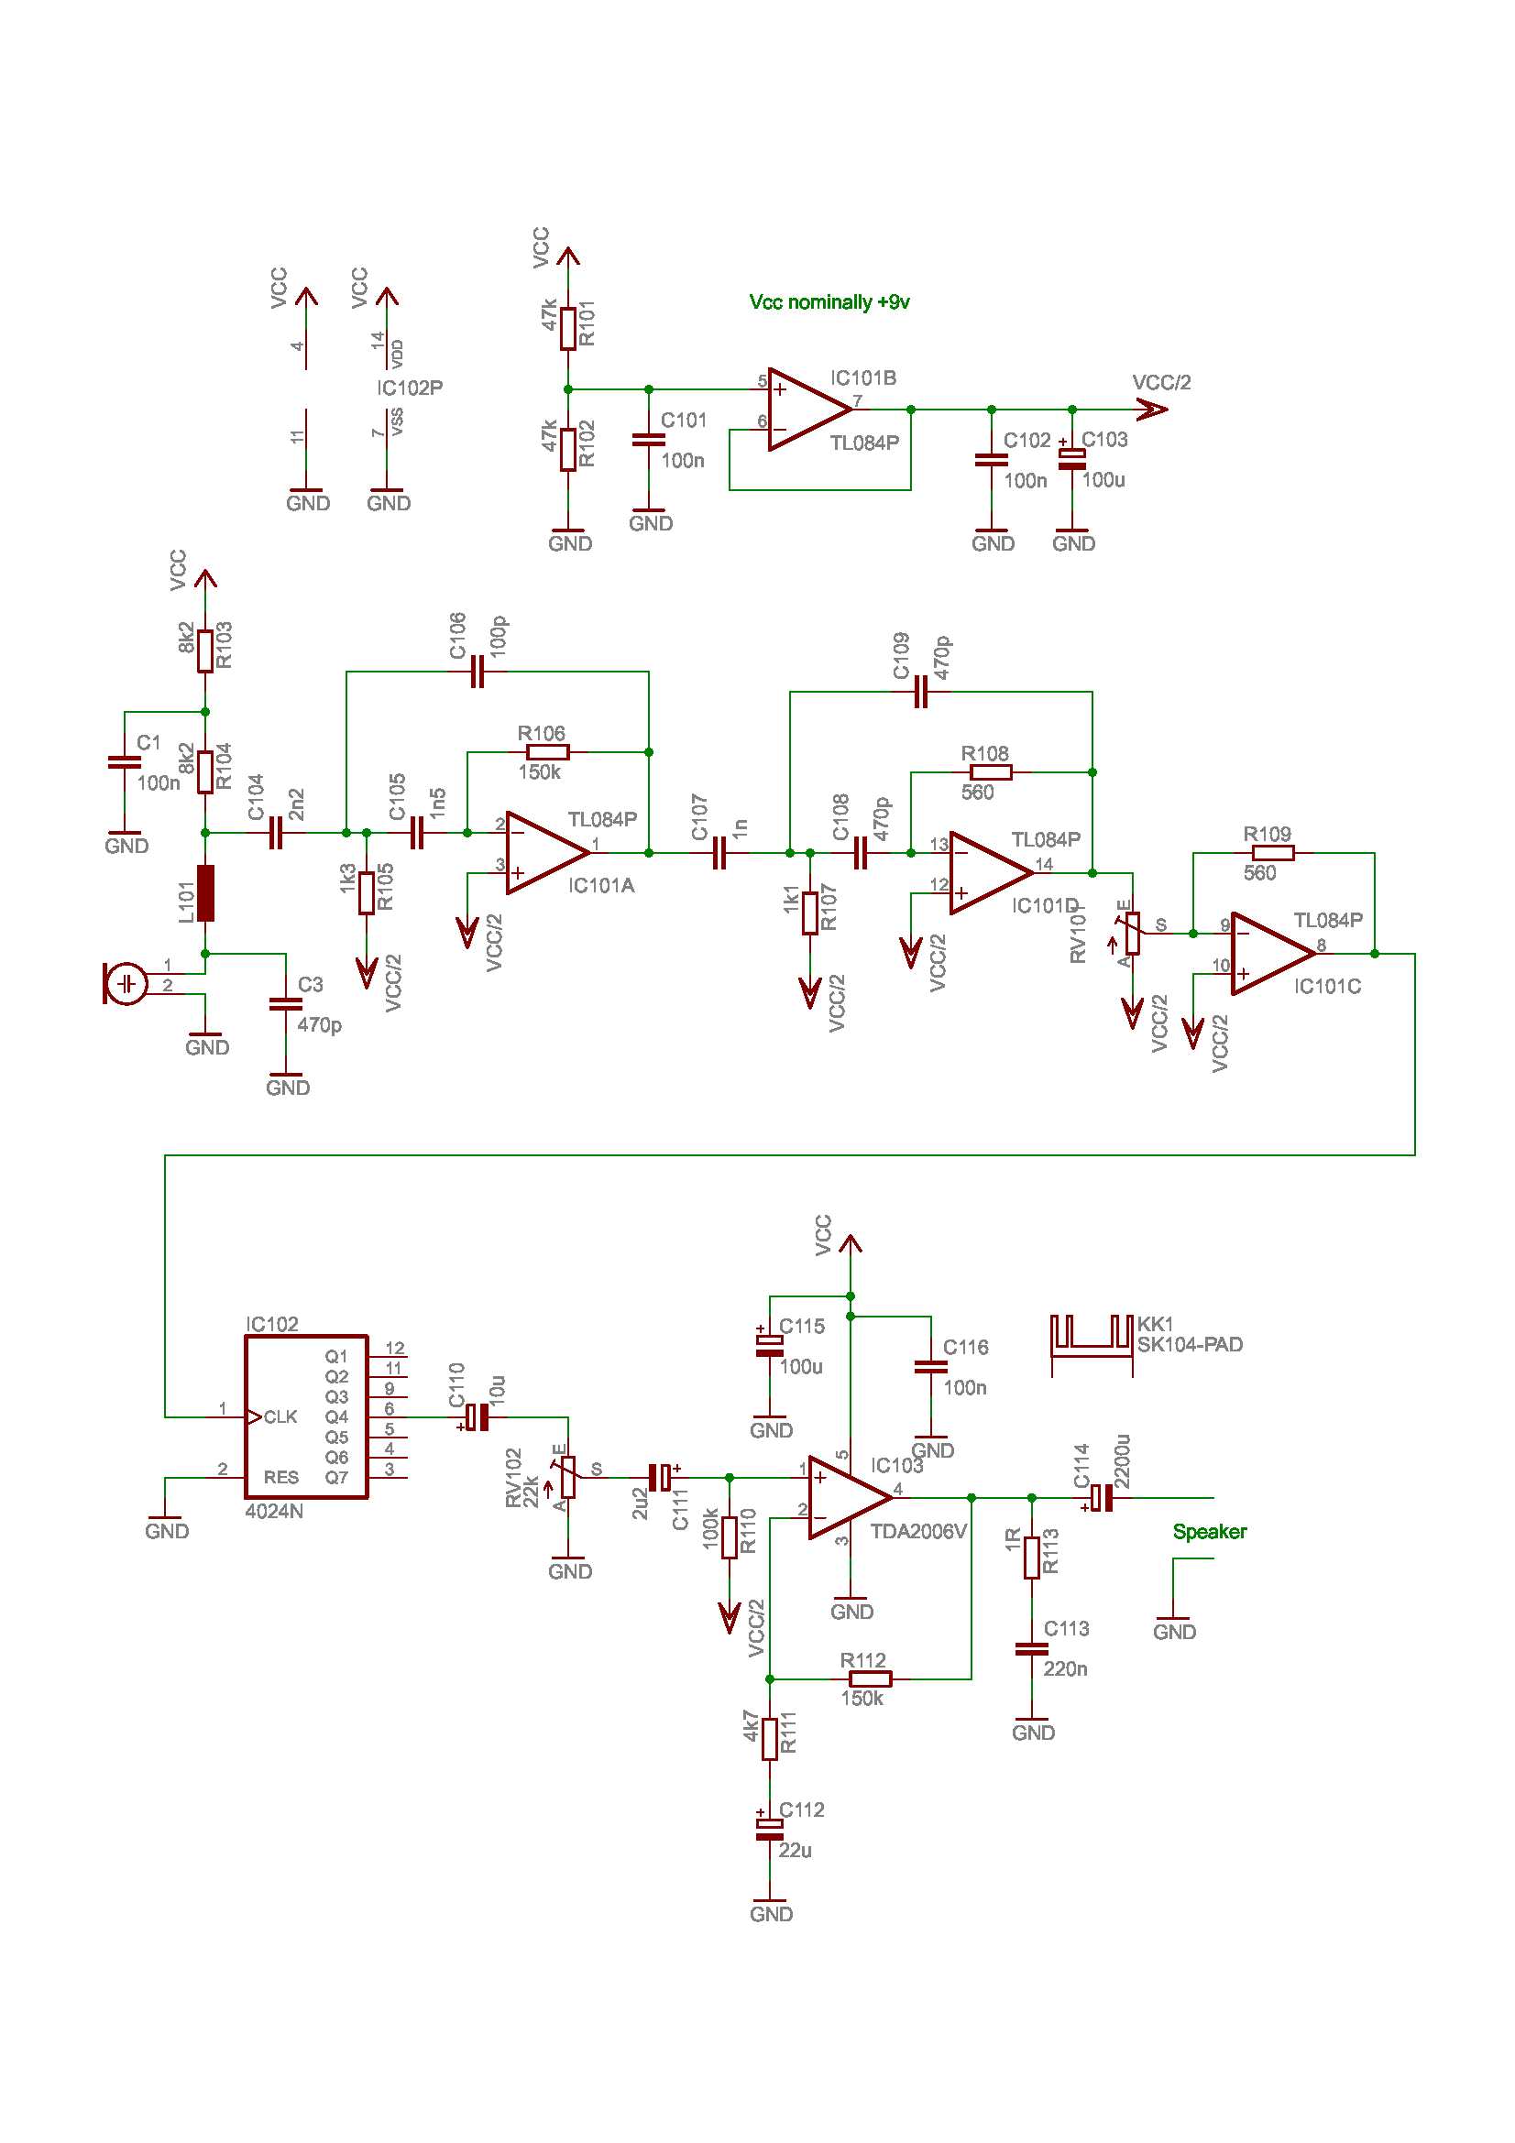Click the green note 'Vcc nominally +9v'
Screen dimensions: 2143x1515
829,302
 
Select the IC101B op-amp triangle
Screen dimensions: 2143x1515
807,410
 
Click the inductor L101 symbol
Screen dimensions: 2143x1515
205,893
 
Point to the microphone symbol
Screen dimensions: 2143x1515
125,984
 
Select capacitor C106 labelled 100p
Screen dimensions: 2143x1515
477,671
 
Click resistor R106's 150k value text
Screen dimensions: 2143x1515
540,773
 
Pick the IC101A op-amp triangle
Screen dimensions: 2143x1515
544,852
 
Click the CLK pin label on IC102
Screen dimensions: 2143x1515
280,1416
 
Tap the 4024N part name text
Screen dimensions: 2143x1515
273,1511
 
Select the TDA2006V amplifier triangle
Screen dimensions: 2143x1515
846,1497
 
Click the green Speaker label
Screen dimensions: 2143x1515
1209,1532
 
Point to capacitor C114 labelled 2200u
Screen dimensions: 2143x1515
1103,1497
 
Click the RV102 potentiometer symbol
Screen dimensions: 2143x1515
567,1478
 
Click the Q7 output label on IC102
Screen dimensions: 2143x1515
336,1478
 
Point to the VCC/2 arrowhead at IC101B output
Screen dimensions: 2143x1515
1153,410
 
